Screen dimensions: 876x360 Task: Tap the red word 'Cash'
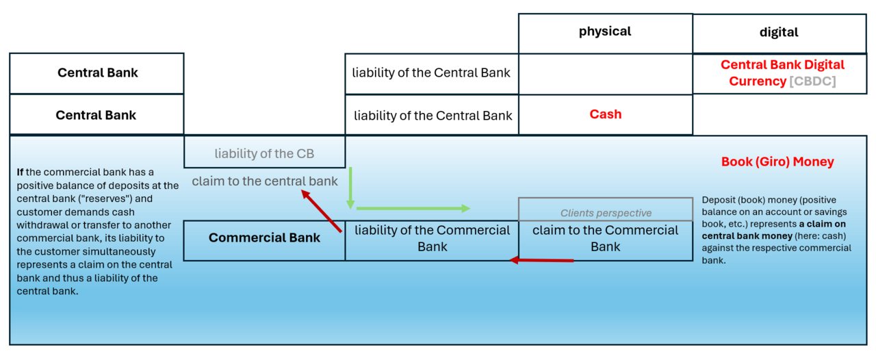pyautogui.click(x=606, y=114)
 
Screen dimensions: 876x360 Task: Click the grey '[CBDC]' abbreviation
pyautogui.click(x=812, y=81)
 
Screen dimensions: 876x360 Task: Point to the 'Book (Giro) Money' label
pyautogui.click(x=777, y=162)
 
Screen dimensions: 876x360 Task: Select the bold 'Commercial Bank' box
pyautogui.click(x=264, y=240)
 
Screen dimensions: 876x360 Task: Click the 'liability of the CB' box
pyautogui.click(x=264, y=152)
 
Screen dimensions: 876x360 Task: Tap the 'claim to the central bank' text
pyautogui.click(x=264, y=181)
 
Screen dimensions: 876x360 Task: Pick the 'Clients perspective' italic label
pyautogui.click(x=606, y=213)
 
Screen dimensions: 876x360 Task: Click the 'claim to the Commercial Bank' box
pyautogui.click(x=606, y=240)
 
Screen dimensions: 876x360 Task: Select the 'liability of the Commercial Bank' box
pyautogui.click(x=432, y=240)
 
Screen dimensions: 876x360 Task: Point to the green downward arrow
pyautogui.click(x=350, y=188)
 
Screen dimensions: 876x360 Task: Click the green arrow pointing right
pyautogui.click(x=413, y=209)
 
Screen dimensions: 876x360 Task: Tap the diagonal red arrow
pyautogui.click(x=322, y=211)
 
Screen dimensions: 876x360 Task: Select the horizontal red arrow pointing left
pyautogui.click(x=541, y=260)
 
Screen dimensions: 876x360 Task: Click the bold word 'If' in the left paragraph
pyautogui.click(x=20, y=172)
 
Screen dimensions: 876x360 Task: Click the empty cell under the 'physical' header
pyautogui.click(x=606, y=74)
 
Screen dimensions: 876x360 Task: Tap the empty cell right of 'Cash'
pyautogui.click(x=780, y=115)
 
